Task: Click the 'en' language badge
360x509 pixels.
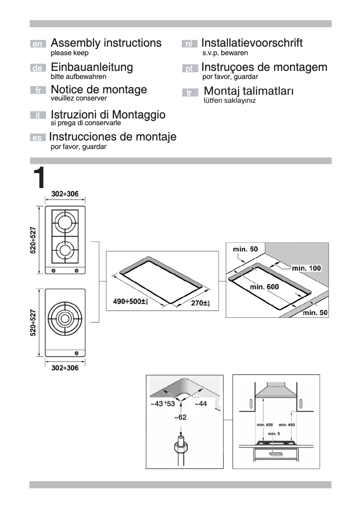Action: (x=38, y=44)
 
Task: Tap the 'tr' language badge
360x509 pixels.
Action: (x=190, y=93)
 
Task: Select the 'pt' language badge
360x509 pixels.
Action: (x=190, y=69)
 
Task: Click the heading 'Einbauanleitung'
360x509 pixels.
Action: (x=92, y=67)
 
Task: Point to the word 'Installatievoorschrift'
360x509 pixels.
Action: (x=252, y=43)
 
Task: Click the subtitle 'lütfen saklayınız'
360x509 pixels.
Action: (x=229, y=101)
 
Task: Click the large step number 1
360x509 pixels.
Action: (x=40, y=178)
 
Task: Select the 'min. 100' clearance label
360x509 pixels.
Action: (x=306, y=268)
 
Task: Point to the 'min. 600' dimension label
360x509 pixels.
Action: (x=264, y=287)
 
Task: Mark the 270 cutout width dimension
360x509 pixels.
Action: (x=200, y=303)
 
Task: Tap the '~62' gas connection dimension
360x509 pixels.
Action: (x=180, y=417)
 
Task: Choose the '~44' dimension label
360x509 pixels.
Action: (x=200, y=404)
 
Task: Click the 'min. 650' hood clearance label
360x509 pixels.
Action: (x=264, y=425)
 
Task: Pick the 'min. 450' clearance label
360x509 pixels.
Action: (x=287, y=425)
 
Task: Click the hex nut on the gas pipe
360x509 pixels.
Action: (x=180, y=447)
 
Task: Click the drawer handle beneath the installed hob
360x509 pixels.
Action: (x=276, y=454)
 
